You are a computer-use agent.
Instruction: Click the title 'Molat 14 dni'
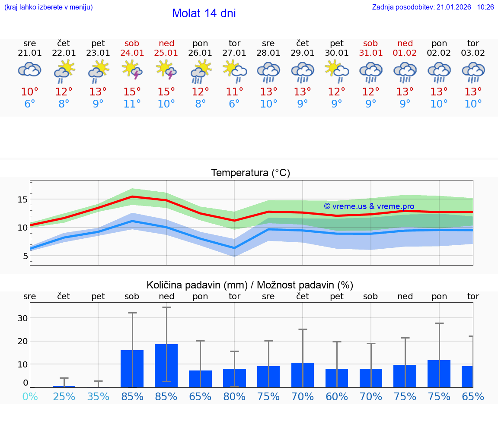204,13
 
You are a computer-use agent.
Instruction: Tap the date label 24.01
132,53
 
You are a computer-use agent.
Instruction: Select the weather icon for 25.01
166,71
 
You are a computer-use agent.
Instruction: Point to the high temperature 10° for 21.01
29,92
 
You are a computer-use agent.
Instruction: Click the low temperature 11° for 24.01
132,104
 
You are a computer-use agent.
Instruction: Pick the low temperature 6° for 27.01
234,104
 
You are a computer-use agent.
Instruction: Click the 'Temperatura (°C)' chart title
250,173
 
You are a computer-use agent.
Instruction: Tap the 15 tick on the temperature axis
22,199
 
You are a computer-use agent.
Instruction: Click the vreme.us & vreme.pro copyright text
369,206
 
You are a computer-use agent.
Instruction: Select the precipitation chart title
250,285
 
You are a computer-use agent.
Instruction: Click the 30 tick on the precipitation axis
22,318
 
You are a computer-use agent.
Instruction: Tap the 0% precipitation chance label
29,396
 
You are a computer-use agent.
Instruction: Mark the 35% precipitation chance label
98,396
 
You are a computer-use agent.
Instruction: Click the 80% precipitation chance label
234,396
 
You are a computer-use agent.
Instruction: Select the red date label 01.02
405,53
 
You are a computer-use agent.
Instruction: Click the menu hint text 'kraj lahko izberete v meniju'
48,7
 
